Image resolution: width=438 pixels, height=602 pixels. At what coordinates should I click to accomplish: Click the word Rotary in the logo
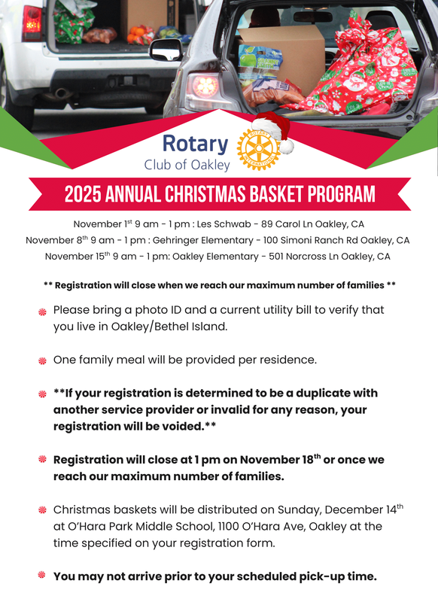click(195, 143)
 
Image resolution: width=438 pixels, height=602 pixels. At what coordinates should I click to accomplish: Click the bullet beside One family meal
click(43, 360)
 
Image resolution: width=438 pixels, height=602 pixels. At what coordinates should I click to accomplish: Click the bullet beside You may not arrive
click(43, 576)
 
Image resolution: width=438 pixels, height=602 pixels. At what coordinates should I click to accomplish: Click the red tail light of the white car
click(32, 23)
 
